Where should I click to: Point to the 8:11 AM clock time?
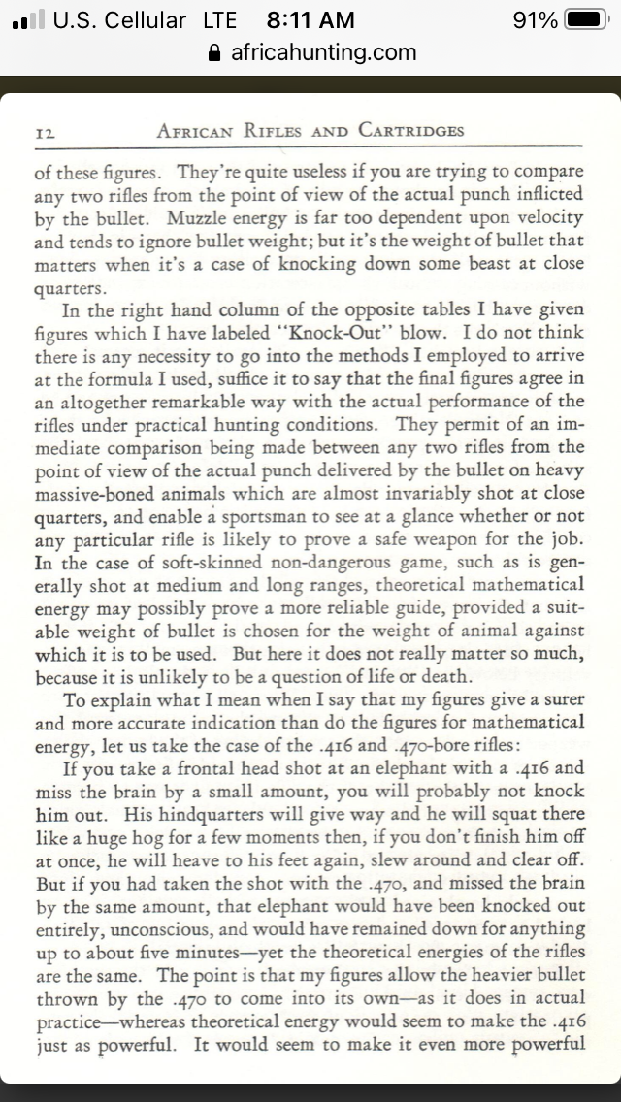click(x=310, y=19)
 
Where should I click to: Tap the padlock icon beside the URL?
click(x=215, y=52)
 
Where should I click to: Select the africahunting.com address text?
click(x=323, y=52)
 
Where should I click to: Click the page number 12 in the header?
click(x=46, y=131)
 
